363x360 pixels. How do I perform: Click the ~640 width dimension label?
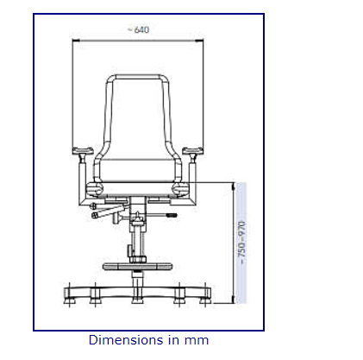click(x=137, y=30)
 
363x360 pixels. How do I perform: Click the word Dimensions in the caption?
click(x=123, y=340)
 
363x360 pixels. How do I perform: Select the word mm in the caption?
click(x=196, y=340)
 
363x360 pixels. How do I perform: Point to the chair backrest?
click(x=137, y=112)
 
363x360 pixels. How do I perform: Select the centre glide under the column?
click(x=136, y=300)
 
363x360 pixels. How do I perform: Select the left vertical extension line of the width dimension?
click(x=72, y=95)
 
